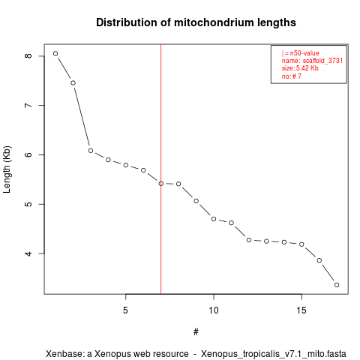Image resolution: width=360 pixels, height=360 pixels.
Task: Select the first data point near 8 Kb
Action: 55,53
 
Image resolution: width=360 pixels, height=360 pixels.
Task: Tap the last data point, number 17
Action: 337,285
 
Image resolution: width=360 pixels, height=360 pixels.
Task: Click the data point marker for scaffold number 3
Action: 91,151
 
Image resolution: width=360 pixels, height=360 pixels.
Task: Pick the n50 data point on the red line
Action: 161,184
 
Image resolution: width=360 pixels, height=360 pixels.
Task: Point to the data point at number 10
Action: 214,219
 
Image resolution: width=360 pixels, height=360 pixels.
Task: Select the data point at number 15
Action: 301,244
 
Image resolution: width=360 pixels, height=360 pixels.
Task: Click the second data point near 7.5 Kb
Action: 73,83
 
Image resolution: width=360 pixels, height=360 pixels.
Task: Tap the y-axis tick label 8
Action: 28,55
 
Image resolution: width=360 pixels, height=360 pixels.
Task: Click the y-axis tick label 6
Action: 28,154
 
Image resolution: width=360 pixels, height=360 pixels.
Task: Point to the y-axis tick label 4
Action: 28,253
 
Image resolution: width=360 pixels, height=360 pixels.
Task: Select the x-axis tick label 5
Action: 125,310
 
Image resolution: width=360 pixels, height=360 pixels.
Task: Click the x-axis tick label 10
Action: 214,310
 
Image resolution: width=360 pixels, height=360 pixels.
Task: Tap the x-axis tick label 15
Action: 301,310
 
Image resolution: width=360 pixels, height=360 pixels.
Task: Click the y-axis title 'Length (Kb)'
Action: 7,169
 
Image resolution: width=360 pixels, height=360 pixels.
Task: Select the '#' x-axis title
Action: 196,332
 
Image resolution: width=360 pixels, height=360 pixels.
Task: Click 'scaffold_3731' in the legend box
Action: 322,61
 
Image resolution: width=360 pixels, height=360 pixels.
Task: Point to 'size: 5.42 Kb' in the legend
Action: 300,68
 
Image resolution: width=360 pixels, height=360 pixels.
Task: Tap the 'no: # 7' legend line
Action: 292,76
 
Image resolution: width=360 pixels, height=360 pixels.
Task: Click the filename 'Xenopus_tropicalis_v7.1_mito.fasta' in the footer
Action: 274,354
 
